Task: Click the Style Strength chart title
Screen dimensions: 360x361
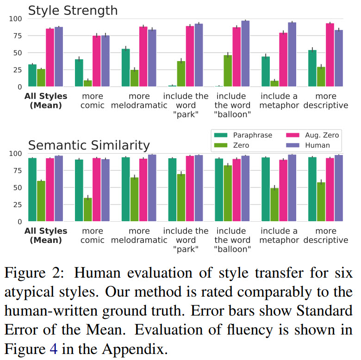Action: (x=73, y=10)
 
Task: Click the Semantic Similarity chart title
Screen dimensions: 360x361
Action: (x=89, y=145)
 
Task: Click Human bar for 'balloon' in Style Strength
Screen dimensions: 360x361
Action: (x=245, y=54)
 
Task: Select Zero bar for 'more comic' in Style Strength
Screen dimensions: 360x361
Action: (x=87, y=83)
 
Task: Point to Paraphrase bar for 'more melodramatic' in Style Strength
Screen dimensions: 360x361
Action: (x=125, y=68)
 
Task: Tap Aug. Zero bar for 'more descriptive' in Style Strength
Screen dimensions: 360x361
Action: (x=330, y=55)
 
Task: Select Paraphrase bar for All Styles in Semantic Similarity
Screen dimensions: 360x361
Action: (x=32, y=190)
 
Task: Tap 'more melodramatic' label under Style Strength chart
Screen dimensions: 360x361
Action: (x=139, y=101)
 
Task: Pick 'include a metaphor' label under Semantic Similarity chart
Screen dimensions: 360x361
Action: (x=279, y=236)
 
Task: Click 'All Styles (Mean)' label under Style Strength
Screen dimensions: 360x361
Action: (x=46, y=101)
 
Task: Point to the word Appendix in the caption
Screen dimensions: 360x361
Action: (x=133, y=348)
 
